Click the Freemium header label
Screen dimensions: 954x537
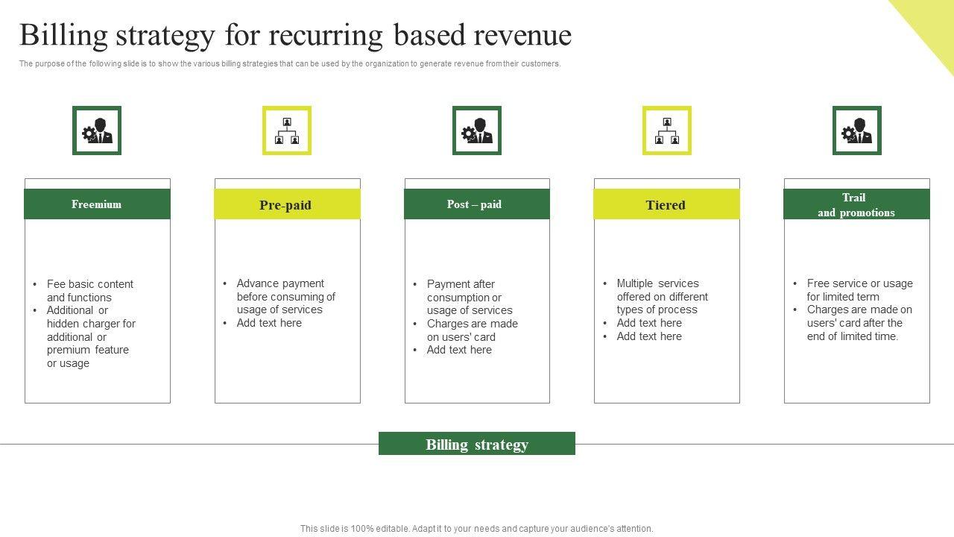click(97, 204)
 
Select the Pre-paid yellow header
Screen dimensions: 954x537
click(287, 204)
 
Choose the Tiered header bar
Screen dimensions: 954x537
click(666, 204)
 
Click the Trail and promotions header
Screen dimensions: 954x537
click(856, 204)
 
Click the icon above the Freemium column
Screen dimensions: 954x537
click(97, 131)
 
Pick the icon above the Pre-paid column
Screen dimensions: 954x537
click(287, 131)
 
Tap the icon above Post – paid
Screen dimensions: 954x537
click(477, 131)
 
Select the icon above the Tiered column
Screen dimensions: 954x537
click(667, 131)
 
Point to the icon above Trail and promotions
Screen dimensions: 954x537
click(857, 131)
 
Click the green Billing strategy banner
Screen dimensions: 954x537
click(477, 444)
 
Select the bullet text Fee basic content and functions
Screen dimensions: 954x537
click(89, 291)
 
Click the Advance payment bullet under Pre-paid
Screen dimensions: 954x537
click(285, 296)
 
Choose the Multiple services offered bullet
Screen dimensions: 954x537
click(662, 296)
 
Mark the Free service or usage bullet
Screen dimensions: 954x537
click(859, 289)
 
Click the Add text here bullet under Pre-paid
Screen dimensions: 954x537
click(269, 323)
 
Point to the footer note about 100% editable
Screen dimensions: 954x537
click(477, 529)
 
